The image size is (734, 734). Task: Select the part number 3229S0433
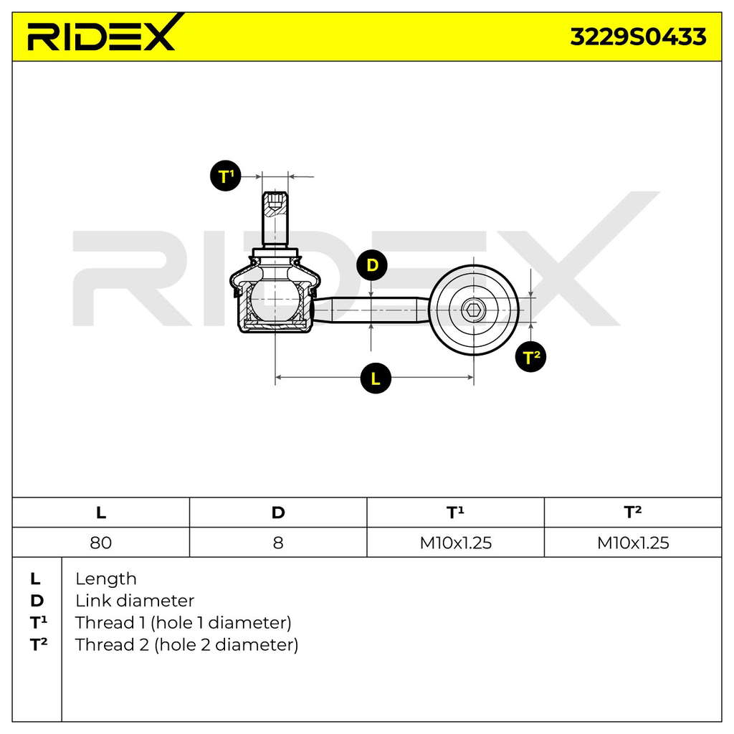(x=638, y=37)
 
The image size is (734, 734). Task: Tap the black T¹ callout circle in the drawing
(x=226, y=176)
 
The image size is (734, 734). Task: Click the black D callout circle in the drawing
(x=372, y=265)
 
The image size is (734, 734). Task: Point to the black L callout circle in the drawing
(x=376, y=378)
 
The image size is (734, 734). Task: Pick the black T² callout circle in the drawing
(x=530, y=357)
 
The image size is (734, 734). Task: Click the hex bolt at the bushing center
(x=474, y=310)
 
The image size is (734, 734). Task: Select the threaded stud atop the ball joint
(x=275, y=219)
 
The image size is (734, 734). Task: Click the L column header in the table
(x=100, y=513)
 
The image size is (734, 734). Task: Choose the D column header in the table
(x=278, y=513)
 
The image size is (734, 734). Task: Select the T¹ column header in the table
(x=455, y=512)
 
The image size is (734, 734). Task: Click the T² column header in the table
(x=632, y=512)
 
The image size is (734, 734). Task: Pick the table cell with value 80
(x=100, y=543)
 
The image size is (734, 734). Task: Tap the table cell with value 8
(x=278, y=543)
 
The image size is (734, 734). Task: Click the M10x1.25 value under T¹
(x=455, y=543)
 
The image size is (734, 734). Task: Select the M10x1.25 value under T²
(x=633, y=543)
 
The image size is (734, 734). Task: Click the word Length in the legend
(x=106, y=579)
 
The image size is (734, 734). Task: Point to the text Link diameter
(x=135, y=601)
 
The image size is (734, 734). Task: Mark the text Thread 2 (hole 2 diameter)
(x=187, y=644)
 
